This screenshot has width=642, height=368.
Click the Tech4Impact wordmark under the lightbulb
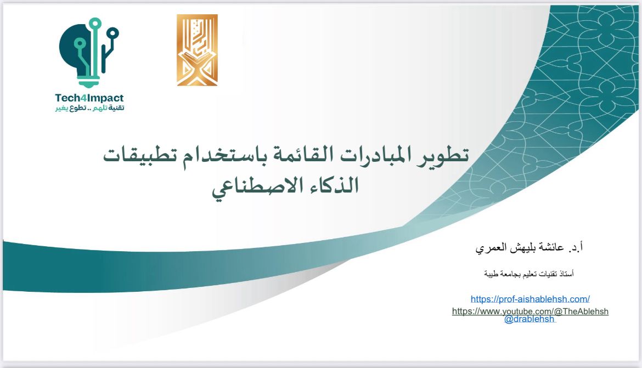pos(89,98)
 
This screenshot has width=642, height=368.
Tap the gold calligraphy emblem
pos(197,50)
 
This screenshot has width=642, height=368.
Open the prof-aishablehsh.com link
pos(530,299)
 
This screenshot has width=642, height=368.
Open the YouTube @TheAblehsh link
pos(530,311)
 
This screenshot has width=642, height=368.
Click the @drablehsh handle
pos(529,319)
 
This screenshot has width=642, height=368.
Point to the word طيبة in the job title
pos(492,273)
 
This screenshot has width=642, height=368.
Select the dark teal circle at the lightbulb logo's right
pos(112,33)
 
